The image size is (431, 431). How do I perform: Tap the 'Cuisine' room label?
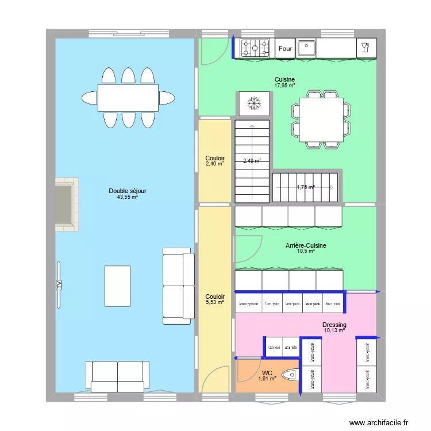click(284, 79)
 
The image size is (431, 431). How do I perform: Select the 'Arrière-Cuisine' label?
click(306, 245)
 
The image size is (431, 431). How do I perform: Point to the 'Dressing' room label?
click(334, 325)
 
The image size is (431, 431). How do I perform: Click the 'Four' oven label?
click(286, 49)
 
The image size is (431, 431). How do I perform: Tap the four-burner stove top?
click(255, 48)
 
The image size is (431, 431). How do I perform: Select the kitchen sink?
click(306, 48)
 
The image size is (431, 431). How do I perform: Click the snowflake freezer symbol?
click(253, 104)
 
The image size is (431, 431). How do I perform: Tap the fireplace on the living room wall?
click(66, 204)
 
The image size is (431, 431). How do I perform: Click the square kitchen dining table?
click(321, 120)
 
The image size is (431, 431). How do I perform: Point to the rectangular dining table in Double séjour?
click(128, 98)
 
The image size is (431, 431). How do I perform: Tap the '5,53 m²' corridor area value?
click(215, 302)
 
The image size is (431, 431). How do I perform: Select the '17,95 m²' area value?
click(284, 86)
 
